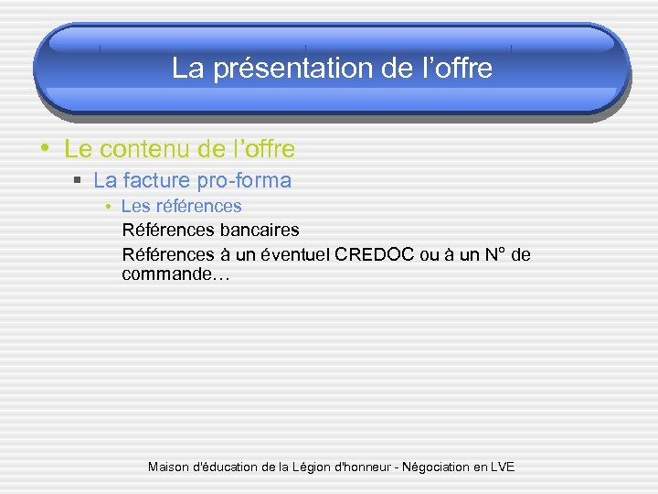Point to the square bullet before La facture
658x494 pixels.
(x=80, y=181)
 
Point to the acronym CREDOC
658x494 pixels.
(x=374, y=254)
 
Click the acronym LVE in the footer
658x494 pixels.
(x=503, y=467)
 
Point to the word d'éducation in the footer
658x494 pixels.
(x=228, y=467)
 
